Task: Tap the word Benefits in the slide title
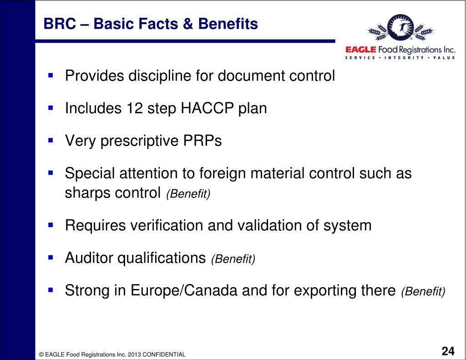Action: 233,23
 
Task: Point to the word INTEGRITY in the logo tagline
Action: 404,58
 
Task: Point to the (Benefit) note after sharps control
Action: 188,194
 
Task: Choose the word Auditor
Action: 89,258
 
